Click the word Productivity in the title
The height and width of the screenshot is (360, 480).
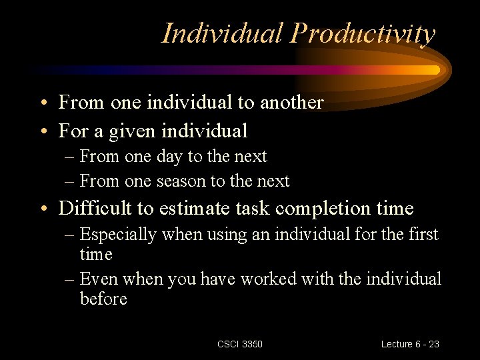click(362, 33)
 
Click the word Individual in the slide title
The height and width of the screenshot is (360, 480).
click(223, 33)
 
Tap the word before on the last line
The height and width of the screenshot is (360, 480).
click(103, 299)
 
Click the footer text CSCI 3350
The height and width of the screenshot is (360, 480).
click(240, 344)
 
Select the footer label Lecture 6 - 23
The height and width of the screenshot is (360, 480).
click(410, 344)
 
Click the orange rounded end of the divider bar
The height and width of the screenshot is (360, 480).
click(434, 70)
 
